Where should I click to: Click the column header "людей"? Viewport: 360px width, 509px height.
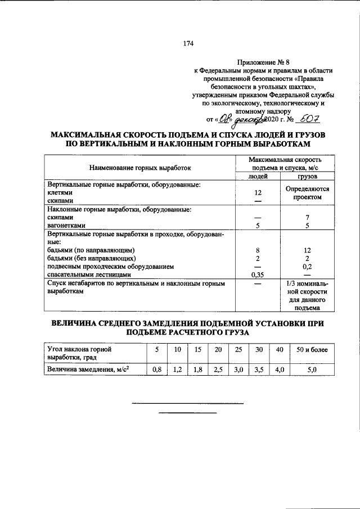(258, 177)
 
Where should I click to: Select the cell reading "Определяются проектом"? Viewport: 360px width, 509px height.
(307, 193)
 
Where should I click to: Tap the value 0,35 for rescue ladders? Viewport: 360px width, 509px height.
(258, 275)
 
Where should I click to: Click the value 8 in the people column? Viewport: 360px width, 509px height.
(258, 249)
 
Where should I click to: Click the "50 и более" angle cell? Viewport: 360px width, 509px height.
(312, 350)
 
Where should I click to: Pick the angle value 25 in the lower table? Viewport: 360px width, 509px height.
(238, 350)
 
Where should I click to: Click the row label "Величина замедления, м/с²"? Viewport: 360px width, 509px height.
(88, 370)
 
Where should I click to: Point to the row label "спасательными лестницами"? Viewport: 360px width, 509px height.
(89, 275)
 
